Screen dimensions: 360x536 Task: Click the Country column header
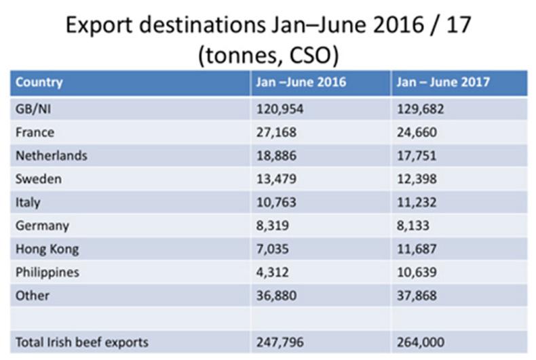39,83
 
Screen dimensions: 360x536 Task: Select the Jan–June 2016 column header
301,83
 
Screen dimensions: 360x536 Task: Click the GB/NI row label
34,108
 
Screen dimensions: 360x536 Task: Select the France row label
35,132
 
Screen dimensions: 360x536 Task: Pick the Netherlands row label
52,155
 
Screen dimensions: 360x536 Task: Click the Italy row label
28,202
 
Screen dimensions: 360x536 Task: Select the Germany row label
42,226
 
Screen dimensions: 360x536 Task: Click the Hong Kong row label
47,249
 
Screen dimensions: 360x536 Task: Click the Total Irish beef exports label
82,342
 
